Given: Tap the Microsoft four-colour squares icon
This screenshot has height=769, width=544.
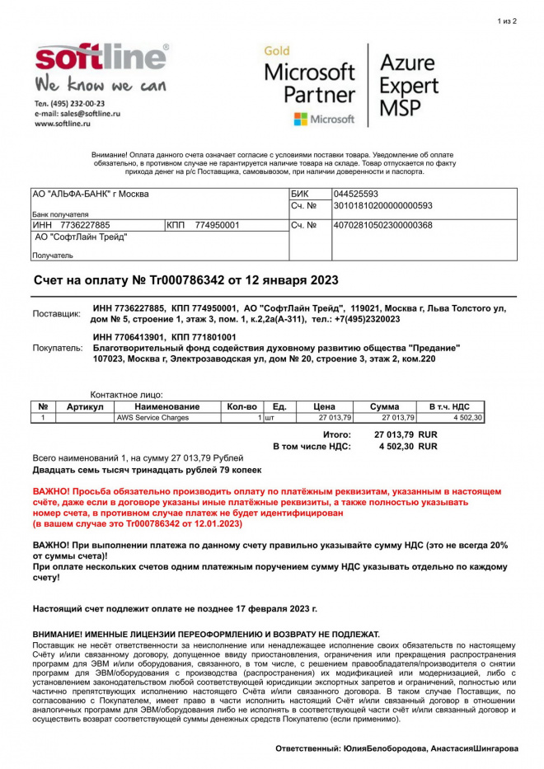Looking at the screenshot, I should point(301,120).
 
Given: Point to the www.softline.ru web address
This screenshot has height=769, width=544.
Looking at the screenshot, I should point(62,124).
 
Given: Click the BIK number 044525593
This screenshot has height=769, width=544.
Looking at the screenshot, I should point(355,194).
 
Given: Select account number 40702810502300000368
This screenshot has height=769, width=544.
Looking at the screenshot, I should point(382,225).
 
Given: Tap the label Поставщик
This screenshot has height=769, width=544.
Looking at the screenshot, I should point(57,314).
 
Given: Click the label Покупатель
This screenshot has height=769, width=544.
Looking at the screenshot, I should point(58,348).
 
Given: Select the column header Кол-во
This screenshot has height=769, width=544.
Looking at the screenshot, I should point(242,406).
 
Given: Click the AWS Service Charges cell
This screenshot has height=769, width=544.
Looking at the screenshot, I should point(152,418).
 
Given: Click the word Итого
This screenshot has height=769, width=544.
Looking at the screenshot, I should point(336,434).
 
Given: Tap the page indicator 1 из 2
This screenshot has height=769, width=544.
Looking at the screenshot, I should point(507,21).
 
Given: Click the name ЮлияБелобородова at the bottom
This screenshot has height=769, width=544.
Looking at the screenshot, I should point(384,748).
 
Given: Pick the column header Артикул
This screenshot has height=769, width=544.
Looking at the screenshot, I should point(85,406).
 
